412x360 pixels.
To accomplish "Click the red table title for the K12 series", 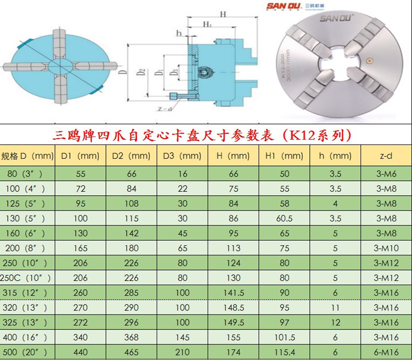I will click(202, 135).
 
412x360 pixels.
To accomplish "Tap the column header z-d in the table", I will click(386, 156).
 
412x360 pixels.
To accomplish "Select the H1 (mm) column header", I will click(284, 156).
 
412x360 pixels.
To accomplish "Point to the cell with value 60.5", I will click(284, 218).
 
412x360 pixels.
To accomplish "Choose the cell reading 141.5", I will click(233, 292).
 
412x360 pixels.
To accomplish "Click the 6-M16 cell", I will click(386, 352).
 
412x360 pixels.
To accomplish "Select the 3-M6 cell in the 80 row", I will click(386, 174).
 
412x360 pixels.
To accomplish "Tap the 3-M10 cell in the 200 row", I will click(386, 248).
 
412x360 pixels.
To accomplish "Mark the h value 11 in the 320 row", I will click(335, 307).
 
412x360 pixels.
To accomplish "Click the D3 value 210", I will click(182, 352).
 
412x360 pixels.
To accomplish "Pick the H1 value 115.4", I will click(284, 352).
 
